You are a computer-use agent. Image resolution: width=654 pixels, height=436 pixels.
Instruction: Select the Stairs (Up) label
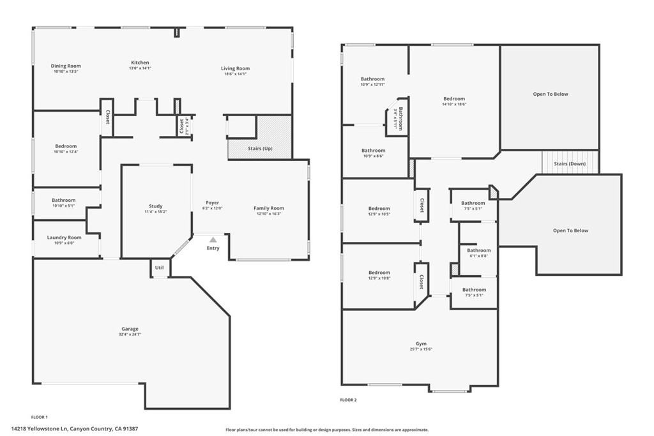click(x=260, y=148)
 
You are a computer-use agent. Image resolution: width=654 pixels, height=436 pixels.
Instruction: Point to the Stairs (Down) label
click(x=570, y=163)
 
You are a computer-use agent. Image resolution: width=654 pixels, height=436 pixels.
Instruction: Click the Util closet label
click(x=160, y=267)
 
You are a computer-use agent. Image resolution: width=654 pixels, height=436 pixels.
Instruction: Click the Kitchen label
click(x=140, y=63)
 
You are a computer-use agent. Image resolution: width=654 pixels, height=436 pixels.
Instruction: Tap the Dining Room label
click(x=66, y=66)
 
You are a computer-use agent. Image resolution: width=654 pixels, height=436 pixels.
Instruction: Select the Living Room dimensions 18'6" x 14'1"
click(x=235, y=74)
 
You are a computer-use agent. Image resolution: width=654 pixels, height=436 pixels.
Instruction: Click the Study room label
click(x=156, y=206)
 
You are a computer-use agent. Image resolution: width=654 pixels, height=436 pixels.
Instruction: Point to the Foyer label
click(x=212, y=203)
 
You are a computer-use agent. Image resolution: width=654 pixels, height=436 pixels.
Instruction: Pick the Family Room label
click(x=268, y=208)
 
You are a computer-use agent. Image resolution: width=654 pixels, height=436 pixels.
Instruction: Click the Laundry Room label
click(x=65, y=237)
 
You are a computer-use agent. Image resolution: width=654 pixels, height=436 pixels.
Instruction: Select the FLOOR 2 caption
click(x=348, y=400)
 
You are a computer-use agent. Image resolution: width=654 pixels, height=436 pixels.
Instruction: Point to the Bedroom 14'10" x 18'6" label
click(x=454, y=99)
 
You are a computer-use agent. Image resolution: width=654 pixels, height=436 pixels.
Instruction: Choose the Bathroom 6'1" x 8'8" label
click(x=478, y=250)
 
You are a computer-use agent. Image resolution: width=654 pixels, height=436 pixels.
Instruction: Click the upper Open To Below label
click(x=550, y=94)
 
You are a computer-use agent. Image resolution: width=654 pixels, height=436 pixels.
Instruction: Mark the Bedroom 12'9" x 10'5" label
click(x=379, y=209)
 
